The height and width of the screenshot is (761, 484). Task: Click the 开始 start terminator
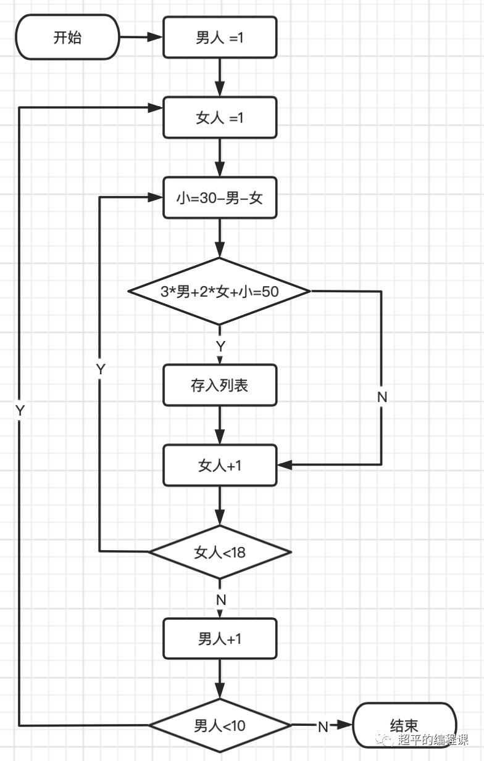pyautogui.click(x=67, y=38)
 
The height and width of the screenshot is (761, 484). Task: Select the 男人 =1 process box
pyautogui.click(x=220, y=38)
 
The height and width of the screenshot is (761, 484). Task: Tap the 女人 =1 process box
pyautogui.click(x=220, y=118)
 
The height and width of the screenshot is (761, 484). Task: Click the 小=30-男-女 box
pyautogui.click(x=220, y=198)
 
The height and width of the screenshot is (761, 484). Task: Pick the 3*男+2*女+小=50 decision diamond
pyautogui.click(x=219, y=291)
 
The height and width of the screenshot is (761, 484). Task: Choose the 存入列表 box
pyautogui.click(x=220, y=385)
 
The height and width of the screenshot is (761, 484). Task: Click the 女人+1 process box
pyautogui.click(x=220, y=466)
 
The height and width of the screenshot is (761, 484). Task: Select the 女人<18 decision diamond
pyautogui.click(x=220, y=552)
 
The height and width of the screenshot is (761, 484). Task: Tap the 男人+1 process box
pyautogui.click(x=220, y=638)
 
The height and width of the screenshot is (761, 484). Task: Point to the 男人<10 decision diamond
pyautogui.click(x=220, y=725)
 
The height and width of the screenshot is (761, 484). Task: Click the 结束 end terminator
pyautogui.click(x=404, y=726)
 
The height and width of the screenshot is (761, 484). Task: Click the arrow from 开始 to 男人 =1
pyautogui.click(x=141, y=38)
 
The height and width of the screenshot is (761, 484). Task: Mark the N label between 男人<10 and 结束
pyautogui.click(x=322, y=726)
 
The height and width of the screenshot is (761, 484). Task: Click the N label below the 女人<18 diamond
pyautogui.click(x=220, y=599)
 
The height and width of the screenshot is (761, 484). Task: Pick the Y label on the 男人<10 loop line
pyautogui.click(x=20, y=411)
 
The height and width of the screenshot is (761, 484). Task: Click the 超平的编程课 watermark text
pyautogui.click(x=433, y=740)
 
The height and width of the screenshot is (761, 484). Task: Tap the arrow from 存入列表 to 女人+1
pyautogui.click(x=220, y=426)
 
